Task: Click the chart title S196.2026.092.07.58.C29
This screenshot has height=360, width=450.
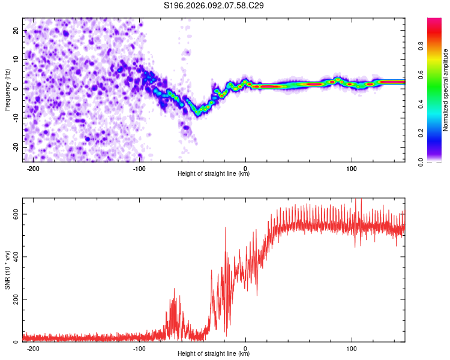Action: click(214, 5)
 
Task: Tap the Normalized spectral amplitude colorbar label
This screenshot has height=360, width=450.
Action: click(445, 90)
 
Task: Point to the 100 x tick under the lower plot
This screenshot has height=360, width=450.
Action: click(352, 348)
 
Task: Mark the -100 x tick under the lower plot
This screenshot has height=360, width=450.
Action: click(139, 348)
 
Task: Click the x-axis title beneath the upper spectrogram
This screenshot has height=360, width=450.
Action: click(214, 174)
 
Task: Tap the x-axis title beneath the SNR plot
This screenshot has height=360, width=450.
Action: click(214, 354)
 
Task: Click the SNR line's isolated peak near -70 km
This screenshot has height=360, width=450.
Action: click(175, 289)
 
